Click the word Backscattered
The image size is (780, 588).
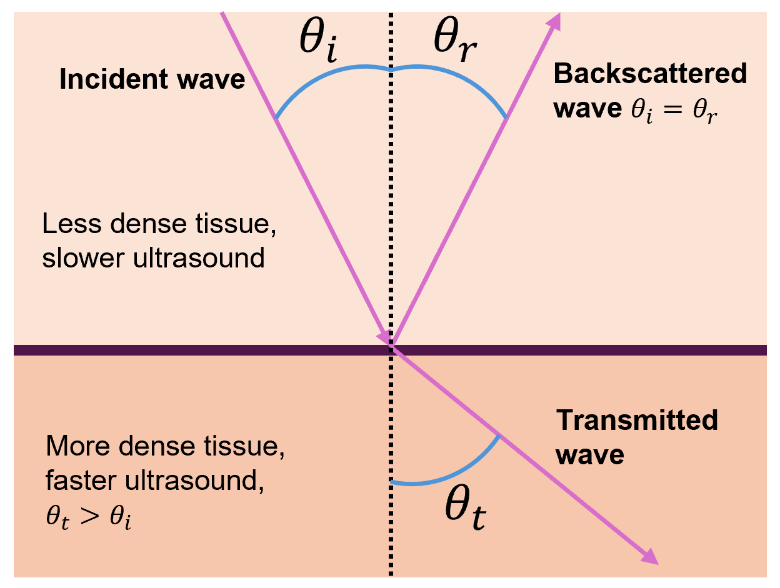coord(650,74)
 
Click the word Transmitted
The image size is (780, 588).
coord(637,420)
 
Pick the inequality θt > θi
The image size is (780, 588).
coord(89,521)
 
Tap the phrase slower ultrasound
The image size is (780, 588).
coord(153,257)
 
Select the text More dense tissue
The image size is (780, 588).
coord(169,447)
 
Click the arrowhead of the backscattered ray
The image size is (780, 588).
coord(554,22)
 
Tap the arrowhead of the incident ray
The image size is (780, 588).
coord(382,336)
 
